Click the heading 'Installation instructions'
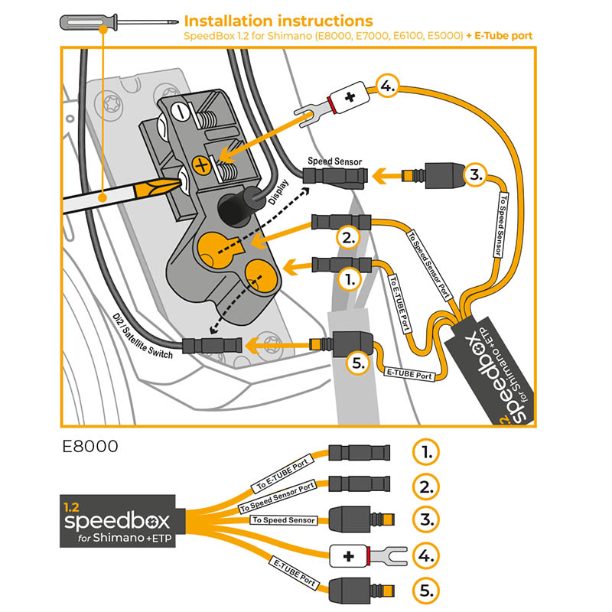point(279,21)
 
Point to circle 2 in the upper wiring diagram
point(347,237)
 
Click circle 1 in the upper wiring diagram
point(347,280)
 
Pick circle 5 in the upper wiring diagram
point(358,363)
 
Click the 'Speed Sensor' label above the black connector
point(334,161)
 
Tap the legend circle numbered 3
point(426,519)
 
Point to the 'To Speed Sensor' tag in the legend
point(283,520)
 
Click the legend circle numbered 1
point(426,451)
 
